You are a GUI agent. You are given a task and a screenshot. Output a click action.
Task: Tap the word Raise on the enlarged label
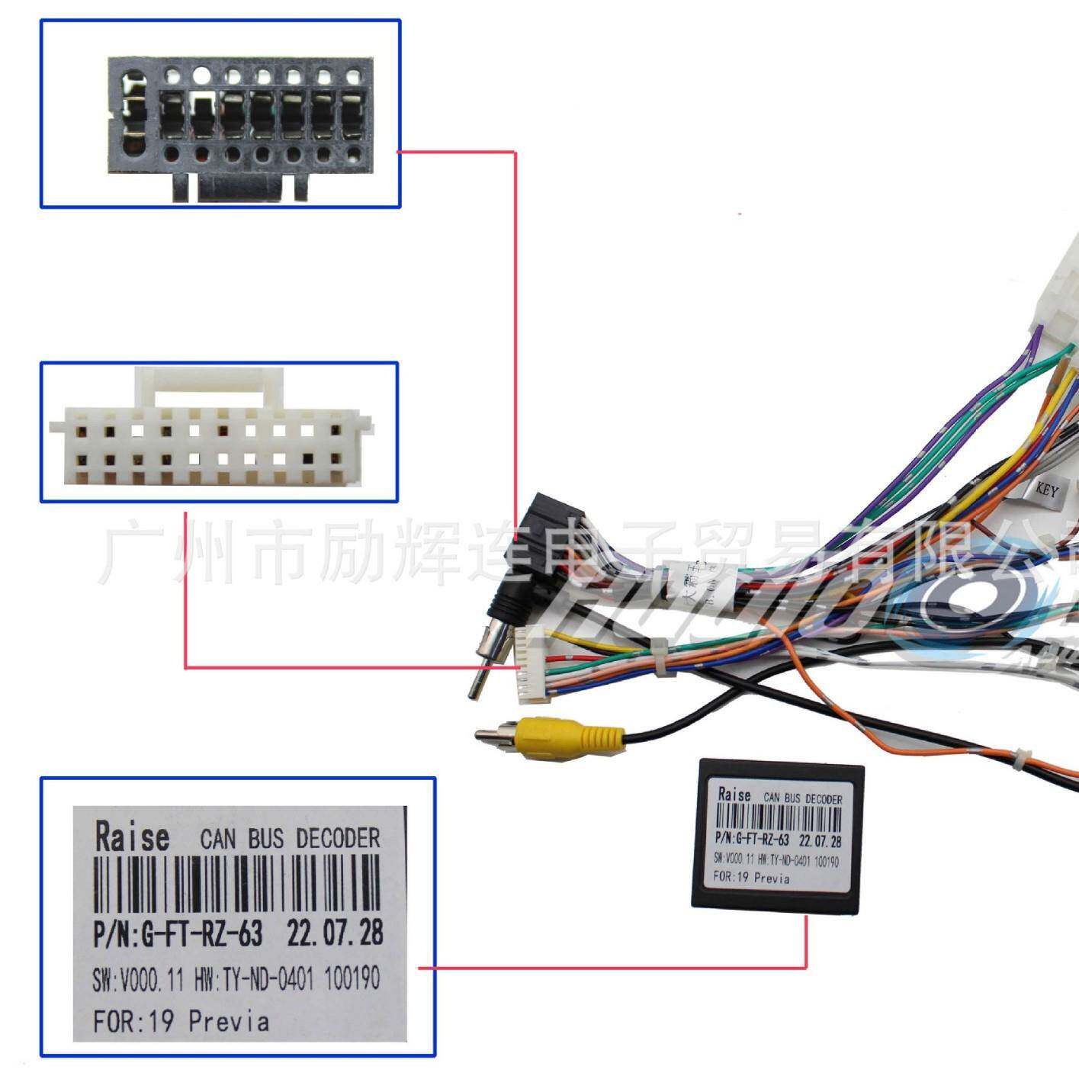click(132, 837)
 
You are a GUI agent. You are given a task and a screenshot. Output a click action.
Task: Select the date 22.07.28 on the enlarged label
click(334, 933)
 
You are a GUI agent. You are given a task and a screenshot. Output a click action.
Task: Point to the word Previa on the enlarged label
click(229, 1020)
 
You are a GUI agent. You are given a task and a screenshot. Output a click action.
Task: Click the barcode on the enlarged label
click(236, 885)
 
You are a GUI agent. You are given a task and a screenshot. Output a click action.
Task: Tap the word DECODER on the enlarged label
click(338, 839)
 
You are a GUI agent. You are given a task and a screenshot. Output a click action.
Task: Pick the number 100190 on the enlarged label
click(352, 978)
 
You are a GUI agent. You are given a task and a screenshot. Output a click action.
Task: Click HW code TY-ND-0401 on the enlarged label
click(267, 979)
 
